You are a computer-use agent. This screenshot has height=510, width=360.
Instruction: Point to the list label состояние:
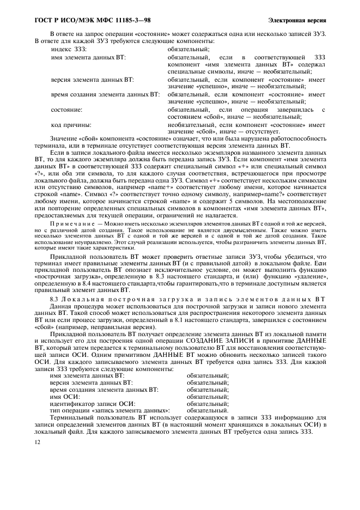pyautogui.click(x=66, y=109)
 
